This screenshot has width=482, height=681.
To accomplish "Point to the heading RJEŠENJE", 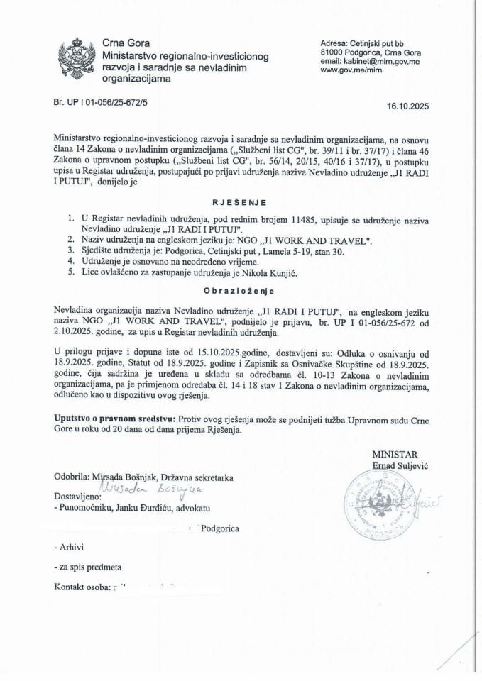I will pos(241,202).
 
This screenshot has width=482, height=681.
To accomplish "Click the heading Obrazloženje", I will pos(241,290).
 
